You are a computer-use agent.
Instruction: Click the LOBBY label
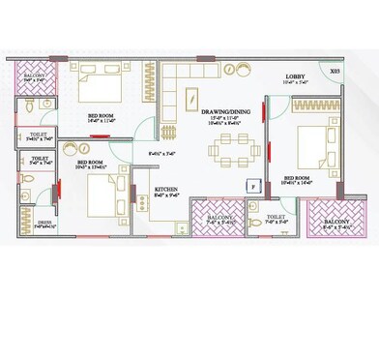(296, 76)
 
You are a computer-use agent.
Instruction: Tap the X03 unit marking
(334, 71)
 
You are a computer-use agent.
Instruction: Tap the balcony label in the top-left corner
(36, 75)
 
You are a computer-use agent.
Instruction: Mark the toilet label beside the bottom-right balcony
(274, 218)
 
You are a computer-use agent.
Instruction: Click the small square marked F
(251, 183)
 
